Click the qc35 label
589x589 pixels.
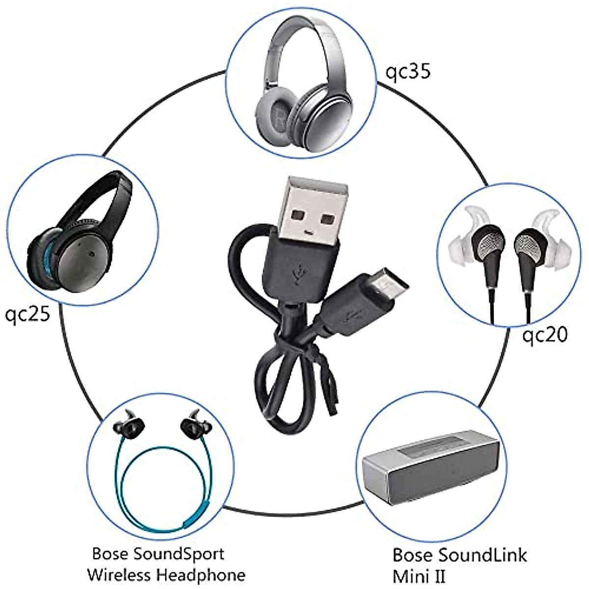pyautogui.click(x=407, y=72)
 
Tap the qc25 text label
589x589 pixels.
pyautogui.click(x=27, y=314)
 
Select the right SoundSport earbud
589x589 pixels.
pyautogui.click(x=191, y=425)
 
